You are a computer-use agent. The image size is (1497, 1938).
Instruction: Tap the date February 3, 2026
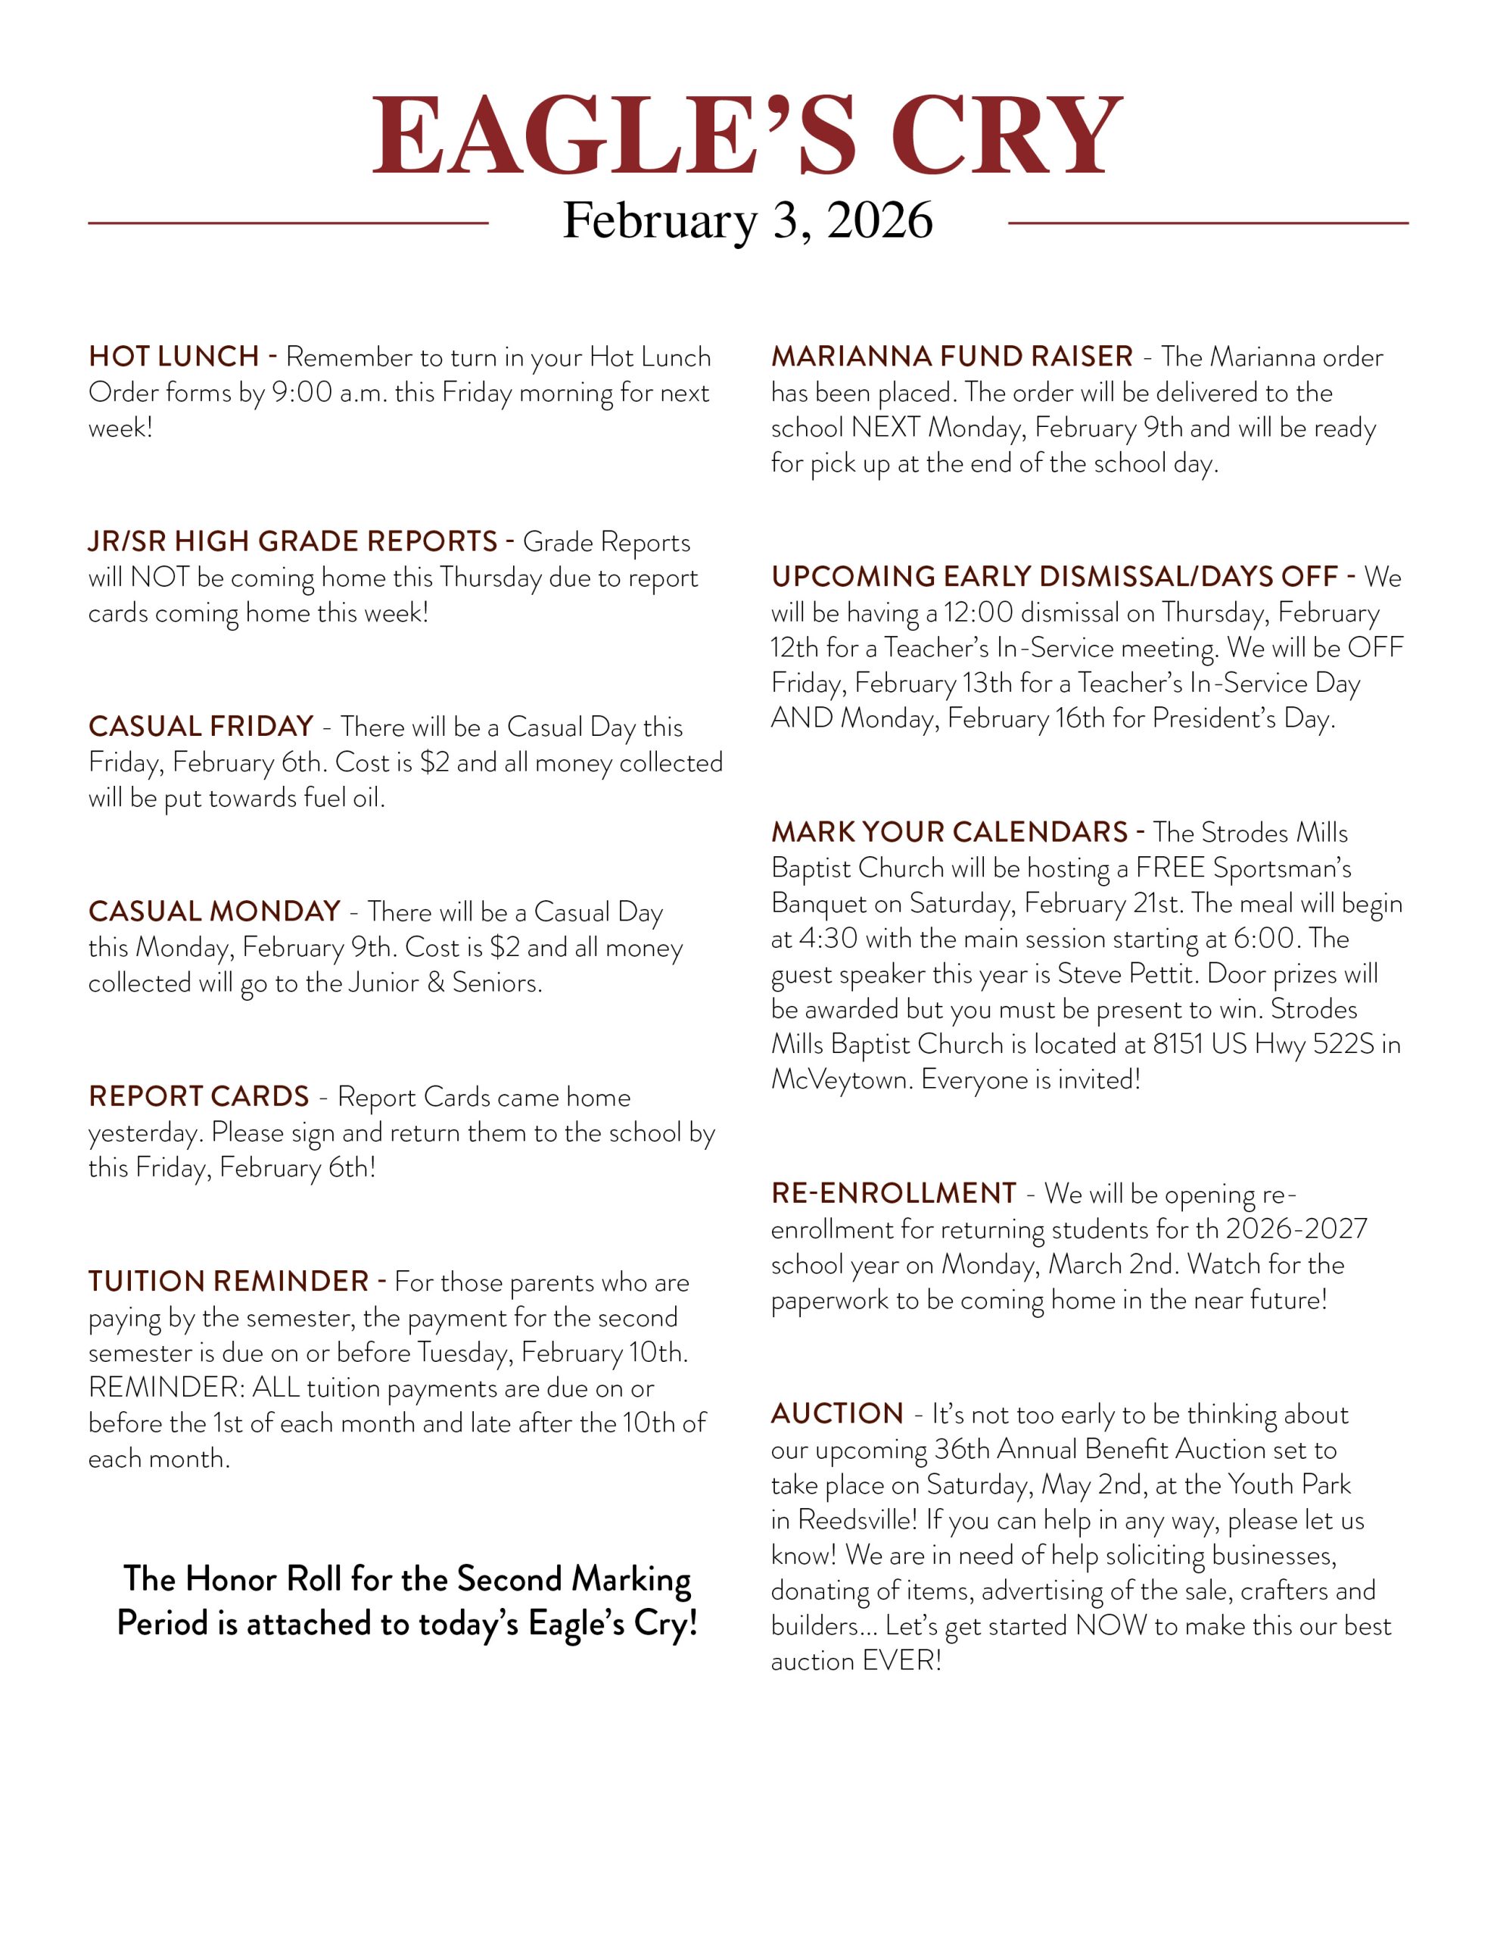[x=747, y=220]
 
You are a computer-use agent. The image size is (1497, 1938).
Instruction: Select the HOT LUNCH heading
[x=174, y=357]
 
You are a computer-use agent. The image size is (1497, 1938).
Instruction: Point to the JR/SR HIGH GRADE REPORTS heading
[x=293, y=541]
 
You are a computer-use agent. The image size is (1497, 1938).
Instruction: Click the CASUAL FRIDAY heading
[x=201, y=727]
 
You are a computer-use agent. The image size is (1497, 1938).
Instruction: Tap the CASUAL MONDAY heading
[x=215, y=911]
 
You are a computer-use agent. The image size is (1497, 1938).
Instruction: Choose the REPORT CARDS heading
[x=199, y=1097]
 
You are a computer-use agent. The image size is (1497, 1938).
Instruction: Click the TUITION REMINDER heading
[x=228, y=1282]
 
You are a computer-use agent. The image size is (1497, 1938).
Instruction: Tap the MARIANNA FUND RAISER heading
[x=952, y=357]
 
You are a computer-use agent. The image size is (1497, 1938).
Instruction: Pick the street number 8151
[x=1178, y=1045]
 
